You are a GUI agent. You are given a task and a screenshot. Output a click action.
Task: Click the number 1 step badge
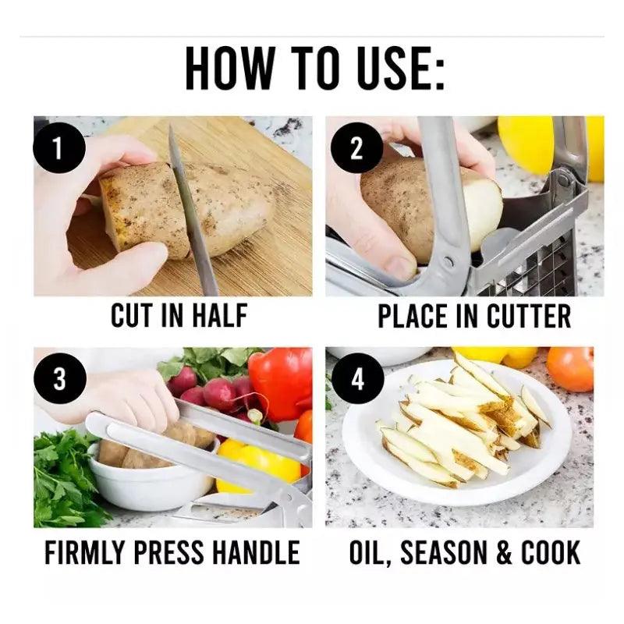coord(59,148)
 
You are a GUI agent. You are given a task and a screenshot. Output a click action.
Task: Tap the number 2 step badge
coord(356,147)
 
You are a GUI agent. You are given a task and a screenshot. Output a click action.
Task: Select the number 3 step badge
coord(60,378)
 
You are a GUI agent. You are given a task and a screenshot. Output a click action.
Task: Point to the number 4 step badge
coord(357,378)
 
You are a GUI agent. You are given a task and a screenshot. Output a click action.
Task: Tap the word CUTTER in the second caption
coord(529,316)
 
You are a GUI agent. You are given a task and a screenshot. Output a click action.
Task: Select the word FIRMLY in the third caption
coord(84,552)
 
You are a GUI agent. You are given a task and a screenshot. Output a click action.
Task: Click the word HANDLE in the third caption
coord(256,552)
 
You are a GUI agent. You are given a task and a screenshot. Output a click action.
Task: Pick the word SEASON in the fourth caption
coord(444,552)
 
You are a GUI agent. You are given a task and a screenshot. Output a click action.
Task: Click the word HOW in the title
coord(230,69)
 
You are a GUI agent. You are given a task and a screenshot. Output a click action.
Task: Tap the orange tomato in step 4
coord(570,367)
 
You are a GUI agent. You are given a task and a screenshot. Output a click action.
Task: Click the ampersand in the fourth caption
coord(504,552)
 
